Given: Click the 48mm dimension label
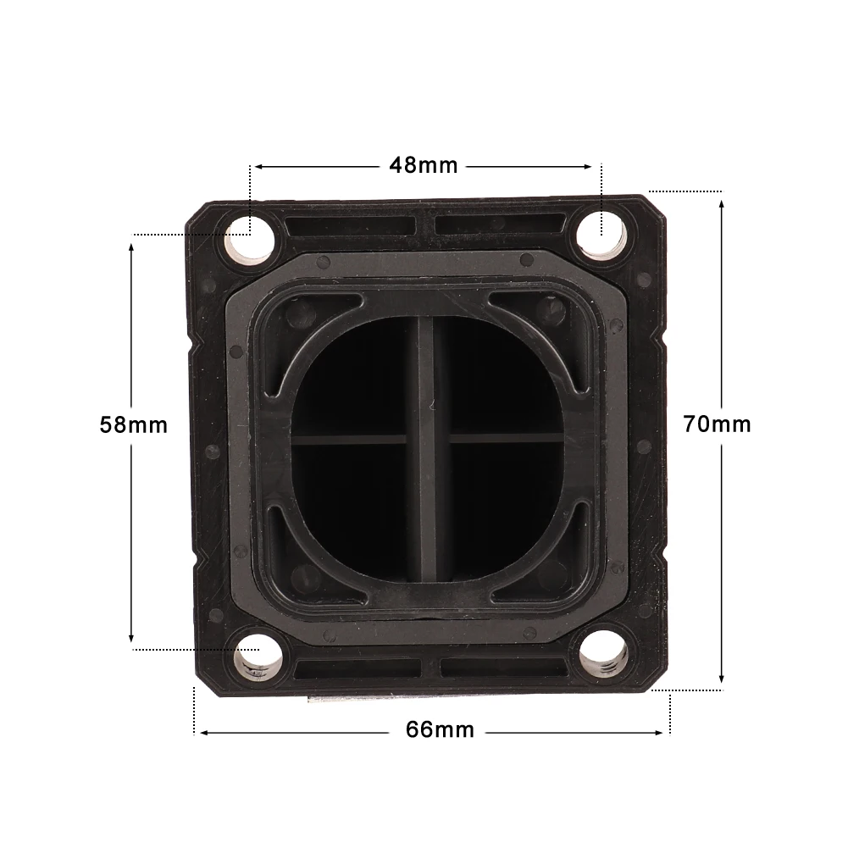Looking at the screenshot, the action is click(x=424, y=165).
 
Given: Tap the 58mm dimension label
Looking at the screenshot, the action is click(x=134, y=424).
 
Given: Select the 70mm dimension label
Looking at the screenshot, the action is click(x=718, y=424).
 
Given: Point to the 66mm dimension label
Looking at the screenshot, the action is click(x=440, y=729).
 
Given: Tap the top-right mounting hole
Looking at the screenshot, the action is click(x=601, y=237).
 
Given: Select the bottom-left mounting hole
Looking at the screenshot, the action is click(x=259, y=658).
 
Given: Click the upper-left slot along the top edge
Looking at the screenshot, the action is click(x=351, y=226).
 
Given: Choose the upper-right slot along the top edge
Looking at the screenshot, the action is click(x=501, y=224).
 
